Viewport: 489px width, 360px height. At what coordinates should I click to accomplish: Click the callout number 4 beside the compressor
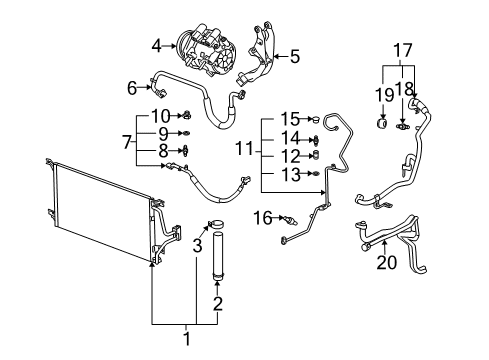point(157,46)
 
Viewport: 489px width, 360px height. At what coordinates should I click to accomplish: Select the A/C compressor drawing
point(200,49)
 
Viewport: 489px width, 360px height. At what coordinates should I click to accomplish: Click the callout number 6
point(132,88)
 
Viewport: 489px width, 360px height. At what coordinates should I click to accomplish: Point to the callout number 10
point(161,116)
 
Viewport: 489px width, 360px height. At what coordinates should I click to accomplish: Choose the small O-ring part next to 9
point(186,133)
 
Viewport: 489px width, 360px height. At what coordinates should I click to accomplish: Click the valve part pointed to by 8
point(185,150)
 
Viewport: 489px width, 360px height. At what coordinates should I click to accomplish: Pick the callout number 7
point(127,142)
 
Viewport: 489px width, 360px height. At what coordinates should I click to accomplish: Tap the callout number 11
point(245,148)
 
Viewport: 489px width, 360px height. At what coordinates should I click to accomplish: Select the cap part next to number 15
point(315,119)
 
